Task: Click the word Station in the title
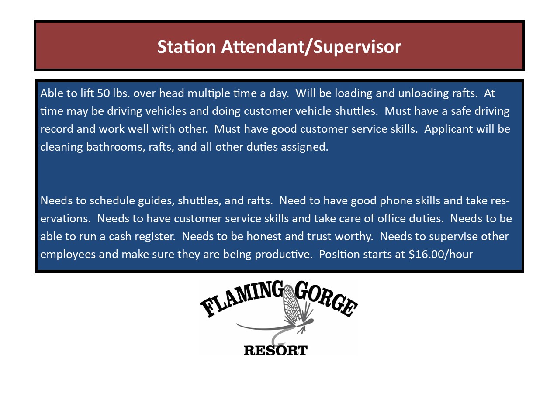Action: (x=187, y=47)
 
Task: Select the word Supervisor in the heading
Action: (x=357, y=47)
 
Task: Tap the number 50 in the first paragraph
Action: (x=104, y=93)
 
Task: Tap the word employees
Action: (x=68, y=255)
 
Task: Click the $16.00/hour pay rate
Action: (x=441, y=254)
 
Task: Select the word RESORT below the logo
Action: (x=276, y=351)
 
